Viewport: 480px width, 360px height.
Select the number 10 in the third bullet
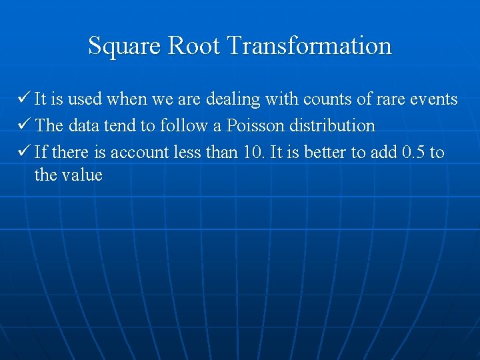[x=253, y=152]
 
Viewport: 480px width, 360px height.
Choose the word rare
[x=385, y=99]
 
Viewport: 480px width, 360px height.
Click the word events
[x=433, y=99]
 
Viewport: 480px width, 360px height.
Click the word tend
[x=119, y=125]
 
